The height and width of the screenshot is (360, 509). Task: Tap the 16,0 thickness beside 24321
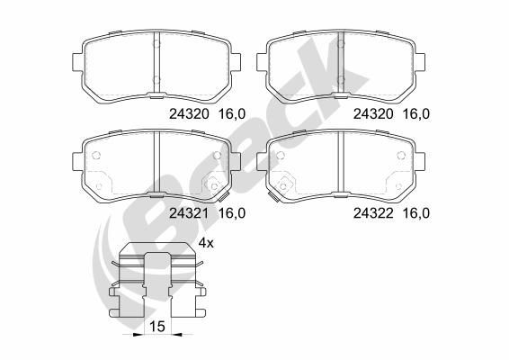tap(232, 213)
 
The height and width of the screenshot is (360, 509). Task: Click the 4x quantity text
tap(206, 243)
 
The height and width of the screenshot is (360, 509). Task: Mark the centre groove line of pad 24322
tap(340, 166)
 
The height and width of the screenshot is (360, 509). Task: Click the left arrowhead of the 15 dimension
tap(136, 335)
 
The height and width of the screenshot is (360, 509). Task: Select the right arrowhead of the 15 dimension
tap(178, 335)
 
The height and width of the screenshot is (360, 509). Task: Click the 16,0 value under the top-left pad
tap(232, 114)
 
